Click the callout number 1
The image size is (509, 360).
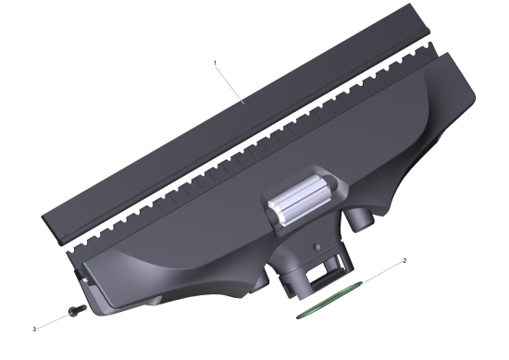click(x=215, y=62)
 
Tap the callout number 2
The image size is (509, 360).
click(x=404, y=260)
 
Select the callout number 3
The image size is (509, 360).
click(x=34, y=329)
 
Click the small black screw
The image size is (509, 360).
click(x=77, y=310)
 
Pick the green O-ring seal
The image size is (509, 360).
click(x=329, y=300)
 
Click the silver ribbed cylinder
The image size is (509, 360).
click(x=300, y=200)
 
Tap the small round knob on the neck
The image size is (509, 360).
click(x=317, y=247)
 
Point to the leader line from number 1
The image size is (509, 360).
click(x=230, y=83)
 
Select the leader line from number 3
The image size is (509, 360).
click(x=53, y=321)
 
